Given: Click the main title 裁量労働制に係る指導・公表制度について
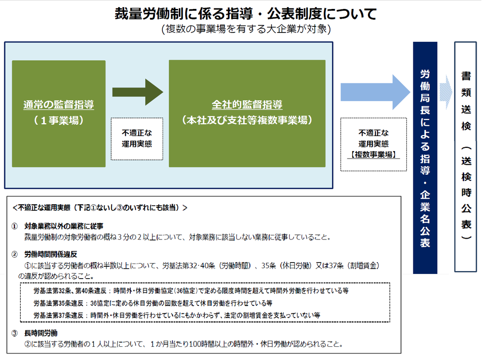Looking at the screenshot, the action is pyautogui.click(x=246, y=14).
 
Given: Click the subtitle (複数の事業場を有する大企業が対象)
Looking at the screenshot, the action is pyautogui.click(x=246, y=29).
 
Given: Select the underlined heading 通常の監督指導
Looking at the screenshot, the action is pyautogui.click(x=59, y=104).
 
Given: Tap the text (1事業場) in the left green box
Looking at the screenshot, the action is pyautogui.click(x=59, y=120).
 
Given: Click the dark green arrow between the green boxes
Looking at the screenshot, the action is pyautogui.click(x=138, y=92).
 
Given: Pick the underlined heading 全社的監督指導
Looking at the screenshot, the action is pyautogui.click(x=247, y=104).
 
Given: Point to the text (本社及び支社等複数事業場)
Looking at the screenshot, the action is pyautogui.click(x=247, y=120).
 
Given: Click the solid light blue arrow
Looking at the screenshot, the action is pyautogui.click(x=375, y=92).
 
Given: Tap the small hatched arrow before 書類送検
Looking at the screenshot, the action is pyautogui.click(x=446, y=92).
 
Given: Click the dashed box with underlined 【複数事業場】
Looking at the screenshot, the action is pyautogui.click(x=373, y=144).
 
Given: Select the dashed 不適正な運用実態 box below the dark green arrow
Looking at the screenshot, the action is pyautogui.click(x=137, y=139).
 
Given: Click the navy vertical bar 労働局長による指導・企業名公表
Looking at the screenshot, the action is pyautogui.click(x=425, y=158).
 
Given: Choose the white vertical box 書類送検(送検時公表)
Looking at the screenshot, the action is pyautogui.click(x=466, y=157).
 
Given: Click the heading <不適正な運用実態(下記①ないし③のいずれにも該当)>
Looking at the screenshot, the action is pyautogui.click(x=100, y=208).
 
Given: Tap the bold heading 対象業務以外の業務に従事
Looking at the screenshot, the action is pyautogui.click(x=64, y=226).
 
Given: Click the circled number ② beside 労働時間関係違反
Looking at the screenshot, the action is pyautogui.click(x=15, y=254).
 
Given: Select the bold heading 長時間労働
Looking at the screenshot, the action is pyautogui.click(x=41, y=333).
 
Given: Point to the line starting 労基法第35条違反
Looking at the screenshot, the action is pyautogui.click(x=153, y=303).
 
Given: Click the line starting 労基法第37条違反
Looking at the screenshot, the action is pyautogui.click(x=177, y=315).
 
